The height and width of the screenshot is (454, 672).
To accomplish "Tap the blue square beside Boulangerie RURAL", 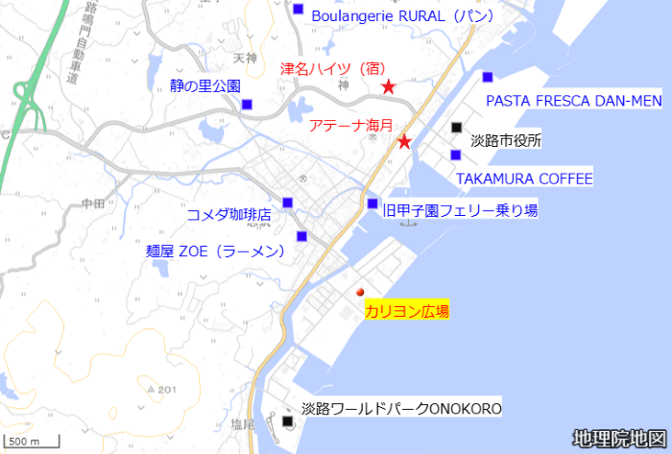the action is pos(298,11).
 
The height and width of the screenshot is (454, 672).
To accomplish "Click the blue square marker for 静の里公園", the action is pos(247,105).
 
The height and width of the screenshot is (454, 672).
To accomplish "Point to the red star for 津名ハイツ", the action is pos(389,87).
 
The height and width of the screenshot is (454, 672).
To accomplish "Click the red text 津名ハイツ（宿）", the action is pos(332,69).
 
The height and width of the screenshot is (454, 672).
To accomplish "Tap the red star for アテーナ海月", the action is pos(405,142).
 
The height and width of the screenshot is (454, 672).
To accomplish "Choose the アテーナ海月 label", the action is pos(351,125).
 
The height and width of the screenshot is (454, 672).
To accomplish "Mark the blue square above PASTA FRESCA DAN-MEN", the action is pos(488,77).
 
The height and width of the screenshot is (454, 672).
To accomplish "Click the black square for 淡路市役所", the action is pos(456,128).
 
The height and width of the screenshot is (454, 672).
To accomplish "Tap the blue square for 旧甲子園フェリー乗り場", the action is pos(372,203).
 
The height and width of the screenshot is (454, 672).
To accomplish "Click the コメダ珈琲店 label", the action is pos(228,214).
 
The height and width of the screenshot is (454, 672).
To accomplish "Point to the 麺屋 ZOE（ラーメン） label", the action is pos(216,251).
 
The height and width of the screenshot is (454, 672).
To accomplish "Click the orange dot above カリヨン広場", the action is pos(361,292).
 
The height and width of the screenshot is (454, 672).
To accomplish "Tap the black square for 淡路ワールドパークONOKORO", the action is pos(289,420).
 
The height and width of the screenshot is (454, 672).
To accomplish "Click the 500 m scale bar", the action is pos(32,442).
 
